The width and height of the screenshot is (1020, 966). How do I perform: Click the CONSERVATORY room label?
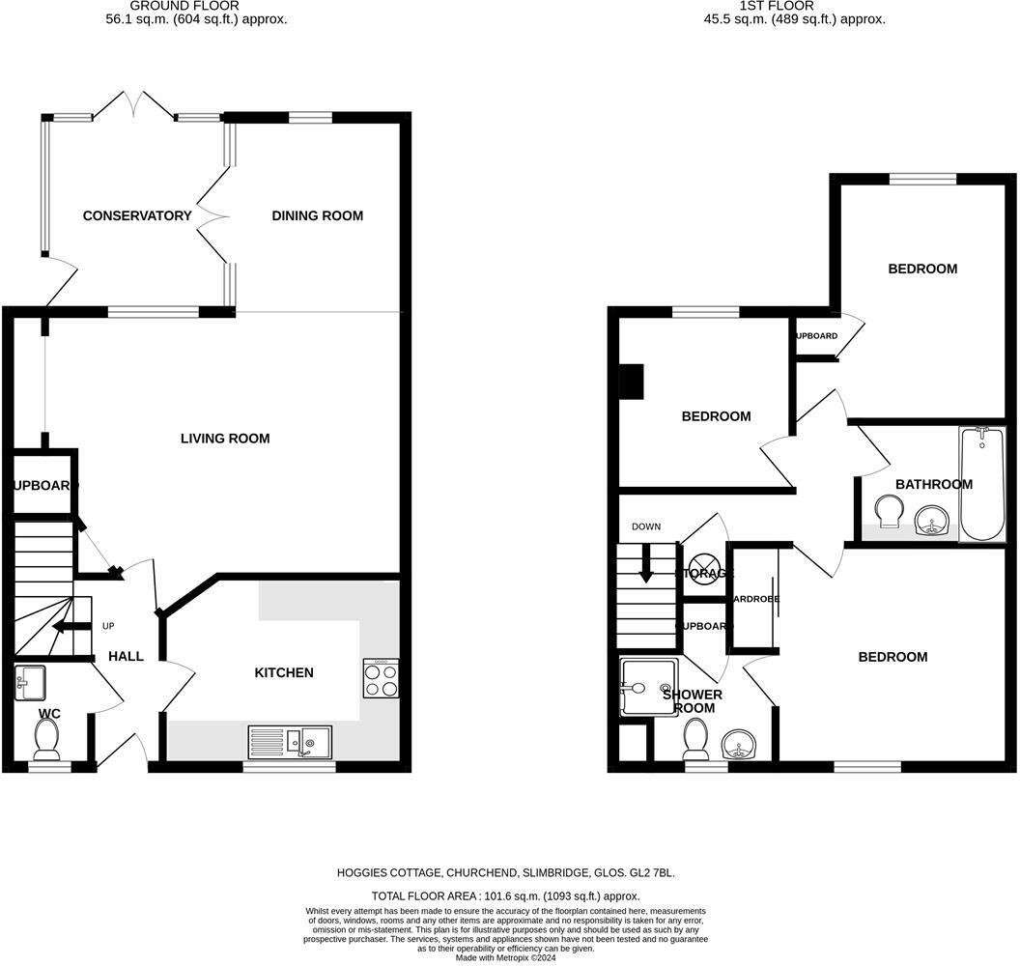coord(137,215)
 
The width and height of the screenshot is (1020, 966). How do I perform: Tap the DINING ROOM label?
coord(317,215)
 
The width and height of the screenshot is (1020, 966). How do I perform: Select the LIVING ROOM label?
coord(225,439)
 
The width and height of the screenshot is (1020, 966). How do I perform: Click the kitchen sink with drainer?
coord(290,741)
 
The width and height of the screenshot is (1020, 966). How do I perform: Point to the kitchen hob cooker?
coord(381,678)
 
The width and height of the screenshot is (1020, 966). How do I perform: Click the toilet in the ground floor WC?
coord(46,740)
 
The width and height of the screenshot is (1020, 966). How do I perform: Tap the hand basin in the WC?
coord(30,683)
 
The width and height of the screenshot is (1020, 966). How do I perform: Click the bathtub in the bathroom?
coord(981,484)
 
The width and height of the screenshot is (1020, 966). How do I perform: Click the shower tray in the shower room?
coord(650,687)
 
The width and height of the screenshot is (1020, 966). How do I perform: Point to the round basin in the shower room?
coord(740,745)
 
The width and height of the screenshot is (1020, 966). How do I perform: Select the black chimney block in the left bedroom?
coord(632,381)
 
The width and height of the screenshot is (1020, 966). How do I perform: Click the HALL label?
coord(126,656)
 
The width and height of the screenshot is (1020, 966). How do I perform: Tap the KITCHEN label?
coord(284,672)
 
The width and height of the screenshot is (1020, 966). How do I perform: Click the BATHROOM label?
coord(933,484)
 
